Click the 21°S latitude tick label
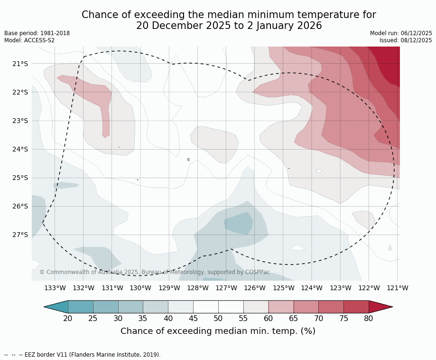pyautogui.click(x=20, y=64)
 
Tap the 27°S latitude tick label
pyautogui.click(x=20, y=235)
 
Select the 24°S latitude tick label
pyautogui.click(x=20, y=149)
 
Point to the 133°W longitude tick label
pyautogui.click(x=55, y=288)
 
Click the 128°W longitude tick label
pyautogui.click(x=198, y=288)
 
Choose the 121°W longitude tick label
pyautogui.click(x=398, y=288)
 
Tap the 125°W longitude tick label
pyautogui.click(x=283, y=288)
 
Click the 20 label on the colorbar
pyautogui.click(x=68, y=318)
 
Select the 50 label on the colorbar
pyautogui.click(x=218, y=318)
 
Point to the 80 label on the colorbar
pyautogui.click(x=369, y=318)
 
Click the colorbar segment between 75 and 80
pyautogui.click(x=356, y=307)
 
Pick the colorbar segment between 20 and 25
pyautogui.click(x=80, y=307)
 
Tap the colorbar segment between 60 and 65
pyautogui.click(x=281, y=307)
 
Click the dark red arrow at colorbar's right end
pyautogui.click(x=380, y=307)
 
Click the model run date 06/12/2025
pyautogui.click(x=417, y=33)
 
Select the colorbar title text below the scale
pyautogui.click(x=218, y=331)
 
